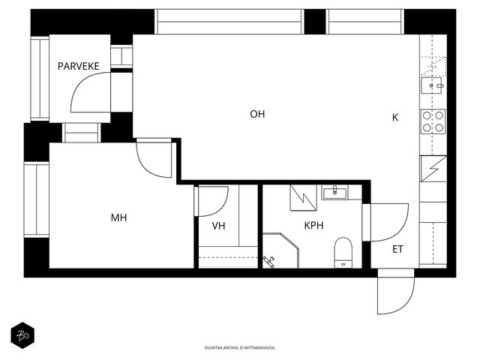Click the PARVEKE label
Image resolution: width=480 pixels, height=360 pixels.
[78, 66]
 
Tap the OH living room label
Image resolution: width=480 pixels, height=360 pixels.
[257, 114]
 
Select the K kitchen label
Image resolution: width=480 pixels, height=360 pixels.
[395, 117]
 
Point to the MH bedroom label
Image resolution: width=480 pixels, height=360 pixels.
[118, 217]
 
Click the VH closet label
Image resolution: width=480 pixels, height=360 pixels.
[218, 226]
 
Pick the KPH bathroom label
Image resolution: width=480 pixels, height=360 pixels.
[313, 226]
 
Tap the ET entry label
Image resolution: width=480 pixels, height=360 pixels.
[397, 249]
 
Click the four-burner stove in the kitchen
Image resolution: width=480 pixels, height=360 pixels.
[433, 121]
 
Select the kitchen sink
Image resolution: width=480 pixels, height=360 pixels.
[432, 85]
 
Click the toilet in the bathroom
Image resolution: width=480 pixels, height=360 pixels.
[343, 253]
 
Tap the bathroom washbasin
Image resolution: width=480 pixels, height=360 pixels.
[334, 193]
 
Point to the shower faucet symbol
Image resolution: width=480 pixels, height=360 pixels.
[268, 262]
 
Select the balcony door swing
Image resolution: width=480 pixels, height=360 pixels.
[91, 92]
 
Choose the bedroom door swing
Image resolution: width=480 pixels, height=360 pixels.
[154, 158]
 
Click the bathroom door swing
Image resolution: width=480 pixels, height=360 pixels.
[385, 223]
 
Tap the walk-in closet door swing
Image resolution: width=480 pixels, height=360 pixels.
[211, 201]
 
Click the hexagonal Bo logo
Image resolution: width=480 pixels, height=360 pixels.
[22, 335]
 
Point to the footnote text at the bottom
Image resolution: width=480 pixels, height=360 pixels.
[240, 348]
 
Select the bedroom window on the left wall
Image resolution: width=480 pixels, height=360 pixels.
[37, 200]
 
